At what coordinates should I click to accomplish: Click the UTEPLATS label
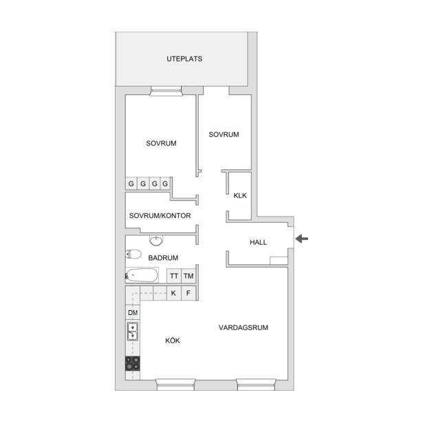pos(184,59)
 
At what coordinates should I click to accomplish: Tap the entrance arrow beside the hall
pos(302,239)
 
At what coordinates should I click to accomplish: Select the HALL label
pos(258,242)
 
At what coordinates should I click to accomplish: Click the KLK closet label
pos(240,195)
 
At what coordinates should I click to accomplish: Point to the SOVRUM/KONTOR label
pos(160,215)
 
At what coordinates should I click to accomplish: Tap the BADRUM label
pos(163,258)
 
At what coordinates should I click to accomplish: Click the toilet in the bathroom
pos(133,254)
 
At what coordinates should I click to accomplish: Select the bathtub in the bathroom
pos(142,275)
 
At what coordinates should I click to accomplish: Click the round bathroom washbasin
pos(156,240)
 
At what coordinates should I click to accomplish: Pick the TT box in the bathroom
pos(174,276)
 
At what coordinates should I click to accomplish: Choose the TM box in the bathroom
pos(188,276)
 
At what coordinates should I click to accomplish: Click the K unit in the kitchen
pos(173,293)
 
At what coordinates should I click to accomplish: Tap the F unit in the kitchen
pos(188,293)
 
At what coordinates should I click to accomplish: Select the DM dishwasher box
pos(133,313)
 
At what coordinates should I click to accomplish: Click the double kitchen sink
pos(133,332)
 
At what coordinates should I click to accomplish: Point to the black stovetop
pos(133,363)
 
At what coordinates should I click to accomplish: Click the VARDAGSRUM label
pos(243,327)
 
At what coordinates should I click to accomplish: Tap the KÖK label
pos(173,340)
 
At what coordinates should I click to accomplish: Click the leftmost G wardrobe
pos(131,184)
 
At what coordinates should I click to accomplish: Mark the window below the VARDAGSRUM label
pos(256,384)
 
